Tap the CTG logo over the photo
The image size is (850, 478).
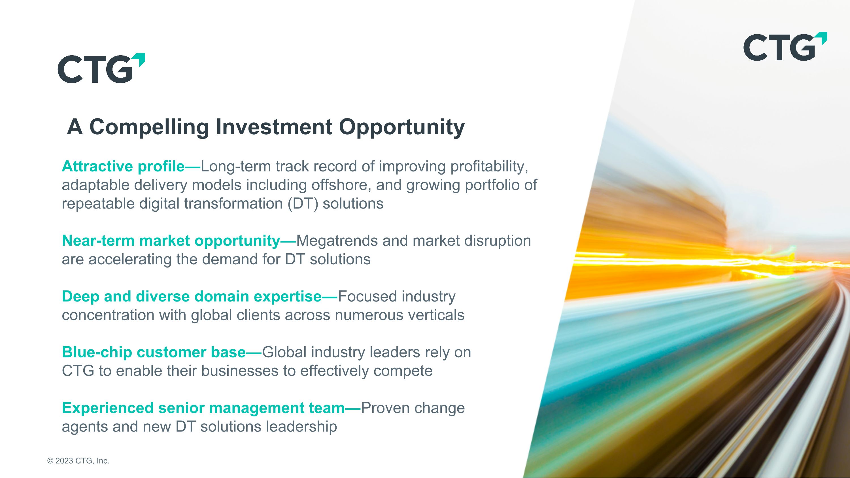click(785, 46)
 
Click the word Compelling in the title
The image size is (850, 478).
click(149, 127)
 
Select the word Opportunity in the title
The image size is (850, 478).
click(402, 127)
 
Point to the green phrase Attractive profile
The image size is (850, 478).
click(123, 166)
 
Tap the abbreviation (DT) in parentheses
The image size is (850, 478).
click(303, 203)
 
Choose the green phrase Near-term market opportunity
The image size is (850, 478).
click(171, 241)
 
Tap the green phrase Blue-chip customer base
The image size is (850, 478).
click(154, 352)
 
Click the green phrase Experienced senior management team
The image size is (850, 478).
click(203, 408)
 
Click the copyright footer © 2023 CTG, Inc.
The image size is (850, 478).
click(78, 461)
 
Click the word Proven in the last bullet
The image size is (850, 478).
click(385, 408)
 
